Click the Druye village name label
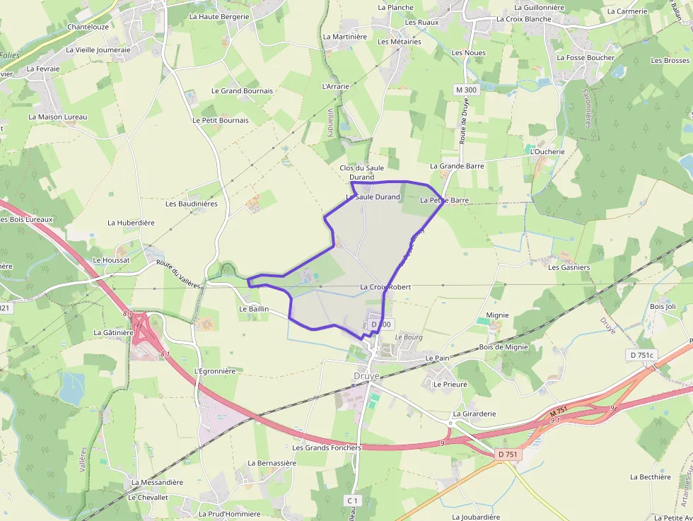point(366,375)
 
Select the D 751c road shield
point(641,354)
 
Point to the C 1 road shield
point(351,500)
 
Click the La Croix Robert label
point(385,287)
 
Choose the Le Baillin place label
point(253,309)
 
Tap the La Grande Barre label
point(457,166)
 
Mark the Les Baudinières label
point(191,204)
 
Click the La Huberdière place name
point(131,223)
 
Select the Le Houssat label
point(111,260)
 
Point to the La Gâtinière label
point(113,332)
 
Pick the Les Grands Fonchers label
point(327,447)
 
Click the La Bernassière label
point(272,463)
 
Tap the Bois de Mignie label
point(503,347)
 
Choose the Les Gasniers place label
point(569,267)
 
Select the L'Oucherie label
point(547,152)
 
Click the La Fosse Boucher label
point(586,58)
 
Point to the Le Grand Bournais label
point(242,91)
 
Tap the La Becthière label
point(650,477)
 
